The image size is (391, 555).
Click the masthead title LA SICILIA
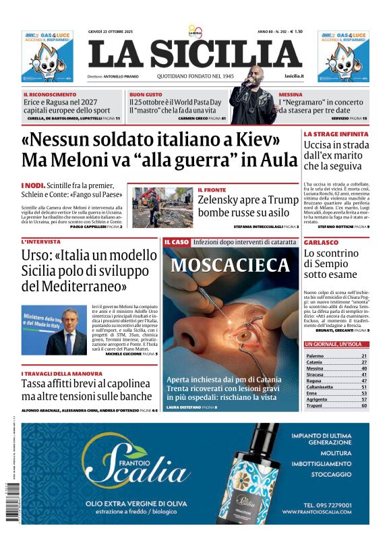pos(195,54)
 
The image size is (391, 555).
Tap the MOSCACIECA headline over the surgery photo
pos(231,264)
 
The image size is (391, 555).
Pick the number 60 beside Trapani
pos(364,406)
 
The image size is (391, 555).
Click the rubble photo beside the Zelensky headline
pos(162,208)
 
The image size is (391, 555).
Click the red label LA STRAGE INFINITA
pos(335,134)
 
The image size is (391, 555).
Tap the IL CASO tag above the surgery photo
pos(176,241)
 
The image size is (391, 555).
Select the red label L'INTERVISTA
pos(41,241)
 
